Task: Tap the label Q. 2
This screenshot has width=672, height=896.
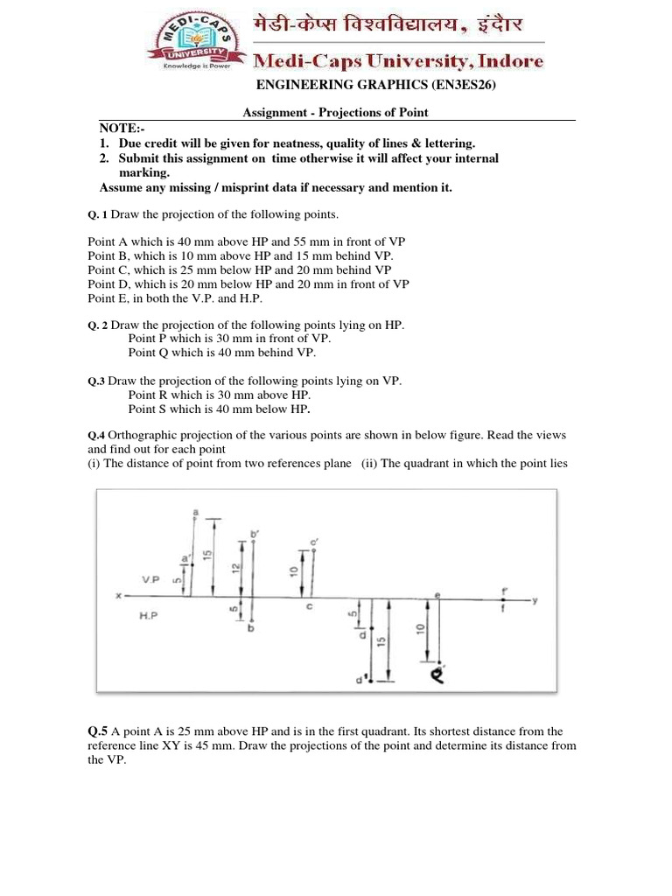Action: (97, 325)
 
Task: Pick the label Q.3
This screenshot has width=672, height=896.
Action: (96, 381)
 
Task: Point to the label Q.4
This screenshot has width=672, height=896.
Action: (96, 435)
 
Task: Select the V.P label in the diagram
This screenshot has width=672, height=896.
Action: (150, 579)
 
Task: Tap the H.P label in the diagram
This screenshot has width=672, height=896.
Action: (150, 616)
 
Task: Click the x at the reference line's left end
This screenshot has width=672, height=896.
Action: (118, 597)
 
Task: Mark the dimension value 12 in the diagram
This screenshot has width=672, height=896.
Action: (234, 568)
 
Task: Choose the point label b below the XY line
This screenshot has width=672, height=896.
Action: (250, 628)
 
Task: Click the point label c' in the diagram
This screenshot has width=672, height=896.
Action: (314, 543)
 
